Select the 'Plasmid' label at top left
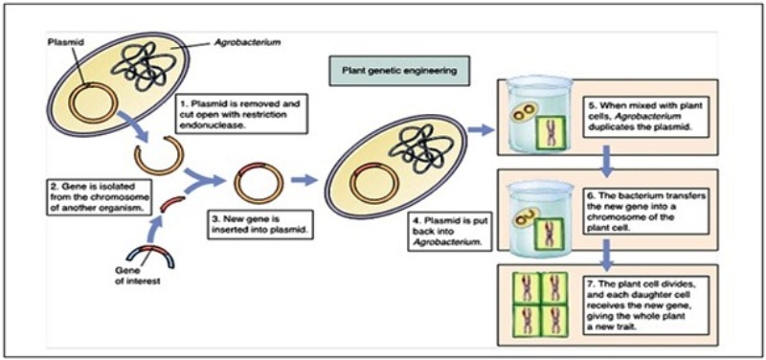point(59,42)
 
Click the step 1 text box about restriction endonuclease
point(243,113)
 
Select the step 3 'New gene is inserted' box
point(260,224)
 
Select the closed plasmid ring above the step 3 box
point(259,184)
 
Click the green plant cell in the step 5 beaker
point(551,131)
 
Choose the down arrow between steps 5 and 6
point(606,161)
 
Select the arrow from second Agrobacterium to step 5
point(482,130)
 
